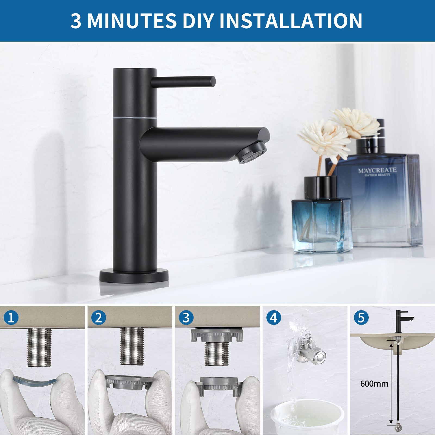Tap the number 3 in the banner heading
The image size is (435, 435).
(76, 21)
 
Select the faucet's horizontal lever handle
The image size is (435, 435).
(184, 81)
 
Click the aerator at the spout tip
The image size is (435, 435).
(252, 153)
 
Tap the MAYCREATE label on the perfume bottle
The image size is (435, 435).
(377, 171)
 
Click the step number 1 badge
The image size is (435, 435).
(11, 318)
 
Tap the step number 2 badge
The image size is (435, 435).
(98, 318)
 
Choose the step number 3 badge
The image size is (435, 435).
(186, 318)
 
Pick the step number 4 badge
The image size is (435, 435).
(274, 318)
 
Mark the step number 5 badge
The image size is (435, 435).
(361, 318)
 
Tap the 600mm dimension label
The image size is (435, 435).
(374, 384)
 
